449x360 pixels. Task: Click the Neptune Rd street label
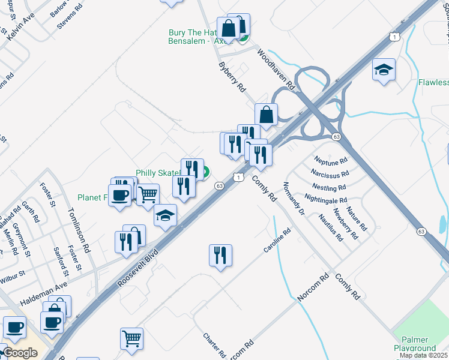pos(331,161)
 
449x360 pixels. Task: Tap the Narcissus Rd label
pos(330,175)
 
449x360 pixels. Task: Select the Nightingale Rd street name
pos(326,200)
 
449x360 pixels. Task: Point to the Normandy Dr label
pos(294,199)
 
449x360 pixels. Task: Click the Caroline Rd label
pos(277,240)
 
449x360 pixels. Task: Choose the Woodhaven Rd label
pos(276,70)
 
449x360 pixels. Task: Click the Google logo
pos(20,352)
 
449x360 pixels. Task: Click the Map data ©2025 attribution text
pos(424,355)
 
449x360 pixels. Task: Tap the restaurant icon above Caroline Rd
pos(220,255)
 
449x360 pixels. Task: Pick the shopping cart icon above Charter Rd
pos(131,337)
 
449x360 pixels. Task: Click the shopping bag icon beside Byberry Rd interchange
pos(266,114)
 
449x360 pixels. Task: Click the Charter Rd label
pos(214,344)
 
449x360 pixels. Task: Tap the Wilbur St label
pos(13,275)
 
